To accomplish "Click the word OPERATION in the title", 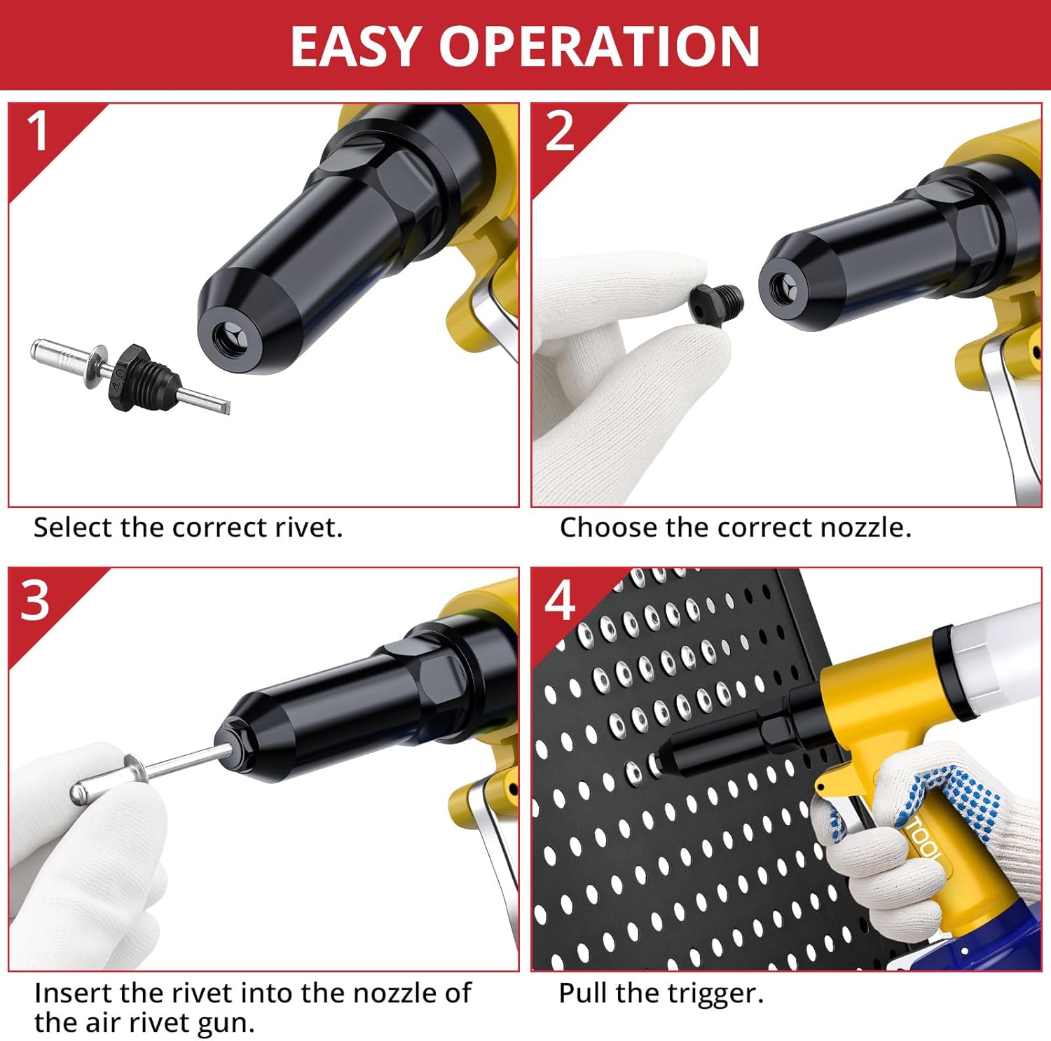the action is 599,46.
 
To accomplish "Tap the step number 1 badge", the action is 39,131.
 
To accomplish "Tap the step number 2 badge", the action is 559,131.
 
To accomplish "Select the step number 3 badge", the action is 36,600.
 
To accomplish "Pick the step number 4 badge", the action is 559,600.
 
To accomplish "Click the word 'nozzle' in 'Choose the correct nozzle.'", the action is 866,528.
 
